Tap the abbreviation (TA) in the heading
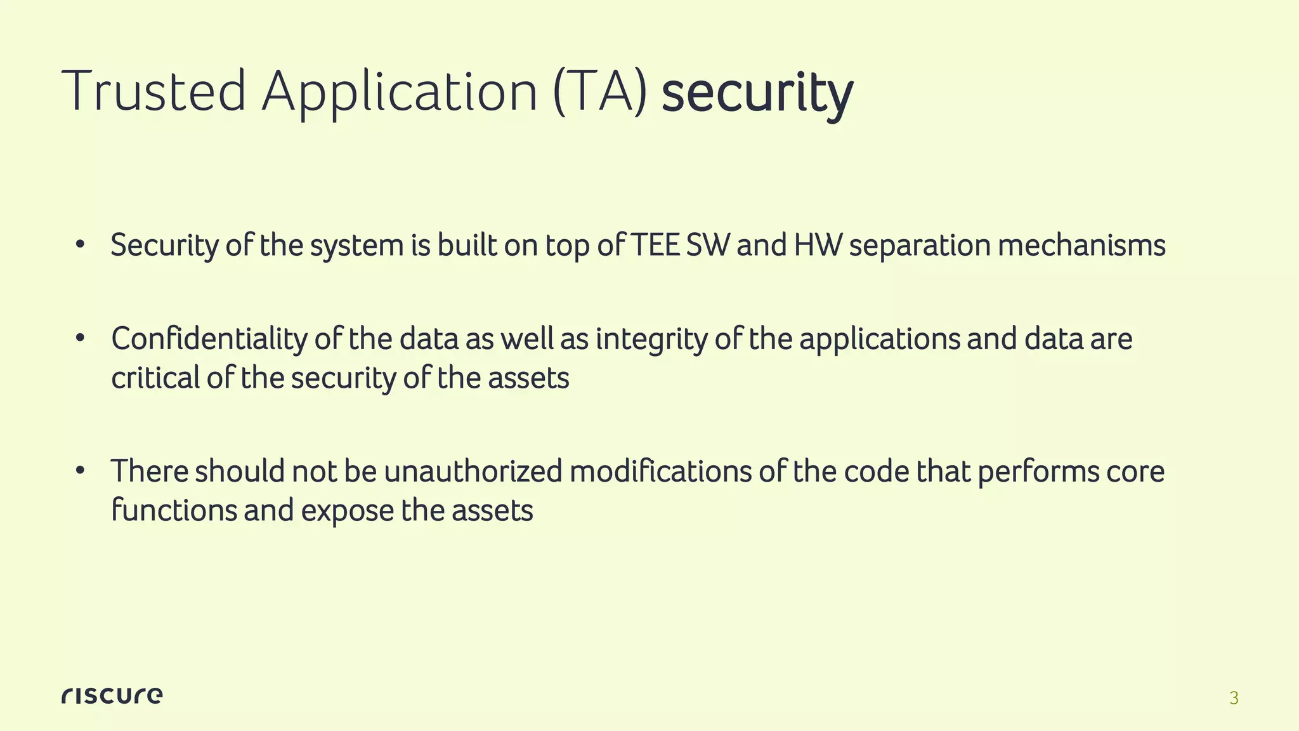click(600, 93)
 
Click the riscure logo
click(112, 695)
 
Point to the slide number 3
click(1234, 698)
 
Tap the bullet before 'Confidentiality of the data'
click(79, 338)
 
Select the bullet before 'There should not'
click(79, 471)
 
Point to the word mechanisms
click(1081, 245)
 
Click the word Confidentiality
click(209, 339)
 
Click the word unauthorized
click(473, 471)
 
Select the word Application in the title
click(400, 93)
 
